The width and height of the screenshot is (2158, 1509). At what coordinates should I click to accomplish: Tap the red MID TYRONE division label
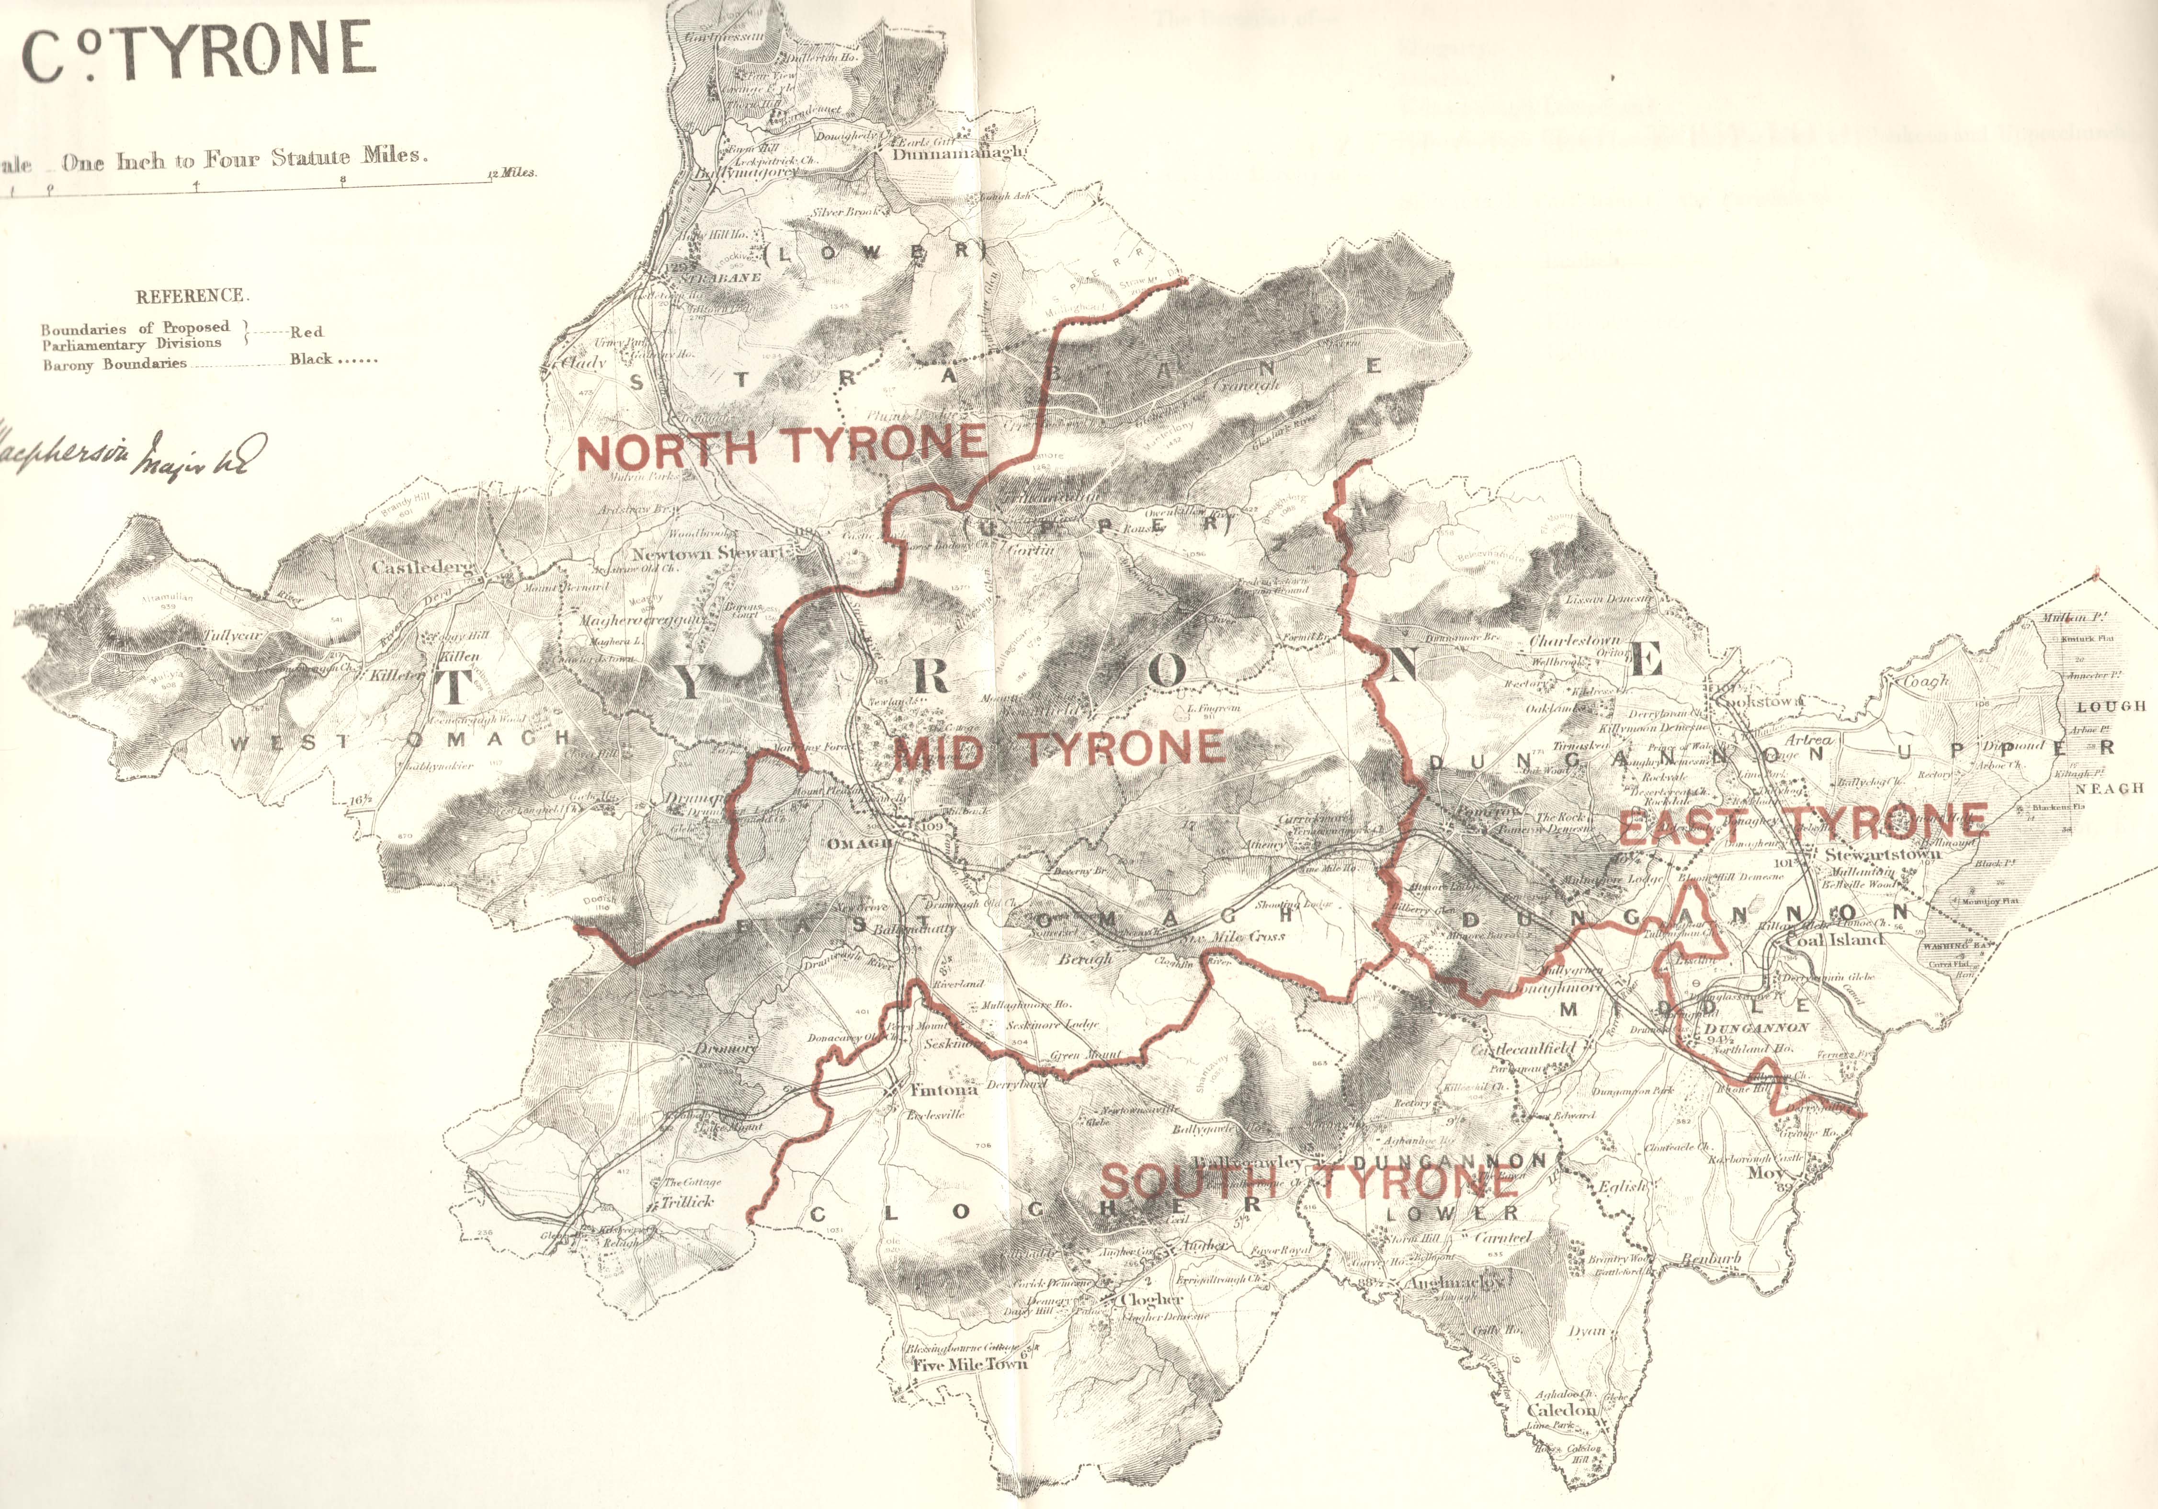1059,749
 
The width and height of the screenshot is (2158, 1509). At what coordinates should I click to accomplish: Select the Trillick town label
687,1200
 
